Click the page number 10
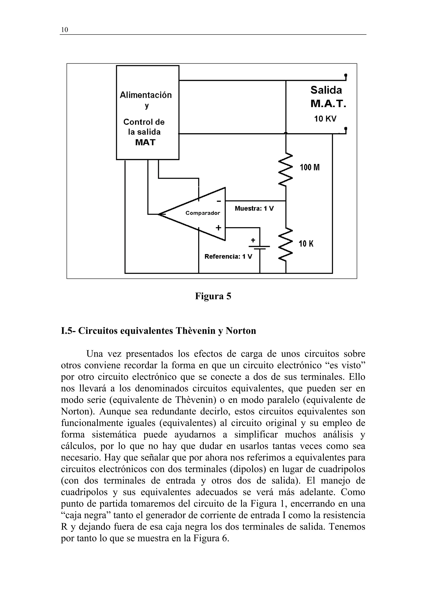click(x=64, y=30)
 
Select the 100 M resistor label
click(x=310, y=167)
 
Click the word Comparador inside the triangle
click(x=203, y=213)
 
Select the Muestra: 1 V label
click(x=254, y=208)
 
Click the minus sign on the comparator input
click(x=219, y=201)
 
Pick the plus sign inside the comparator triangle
click(x=218, y=227)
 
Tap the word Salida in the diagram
click(x=326, y=90)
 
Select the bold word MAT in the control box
click(x=145, y=142)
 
